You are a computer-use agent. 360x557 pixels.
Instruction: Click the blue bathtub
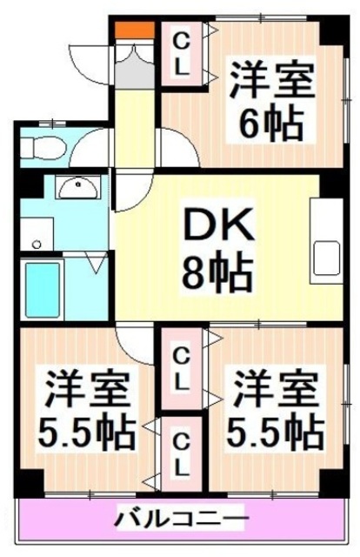pyautogui.click(x=47, y=287)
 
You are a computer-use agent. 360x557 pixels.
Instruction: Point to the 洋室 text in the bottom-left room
pyautogui.click(x=83, y=386)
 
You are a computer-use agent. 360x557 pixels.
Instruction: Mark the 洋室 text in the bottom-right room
pyautogui.click(x=270, y=386)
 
